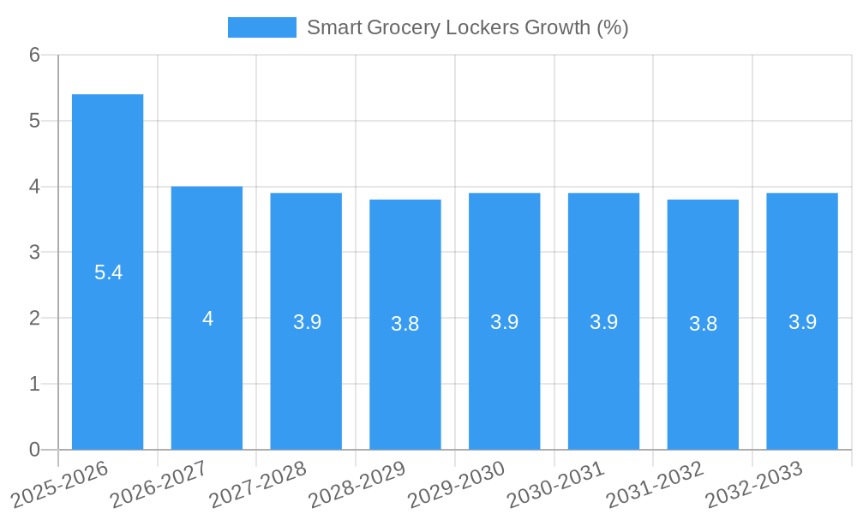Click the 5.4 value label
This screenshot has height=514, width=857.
point(108,272)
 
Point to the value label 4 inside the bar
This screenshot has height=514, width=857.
point(207,319)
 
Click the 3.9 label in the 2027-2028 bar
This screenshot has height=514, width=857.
point(307,322)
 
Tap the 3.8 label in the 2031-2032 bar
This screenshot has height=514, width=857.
point(703,324)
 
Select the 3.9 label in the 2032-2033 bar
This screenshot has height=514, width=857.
point(802,322)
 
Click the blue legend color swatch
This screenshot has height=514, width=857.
point(261,27)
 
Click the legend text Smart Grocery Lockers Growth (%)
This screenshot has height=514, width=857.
point(467,27)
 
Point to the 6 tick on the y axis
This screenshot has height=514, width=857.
point(34,55)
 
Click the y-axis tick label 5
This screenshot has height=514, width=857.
point(34,121)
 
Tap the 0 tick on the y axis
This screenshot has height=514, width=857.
point(34,450)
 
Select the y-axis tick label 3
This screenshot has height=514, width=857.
point(34,253)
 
